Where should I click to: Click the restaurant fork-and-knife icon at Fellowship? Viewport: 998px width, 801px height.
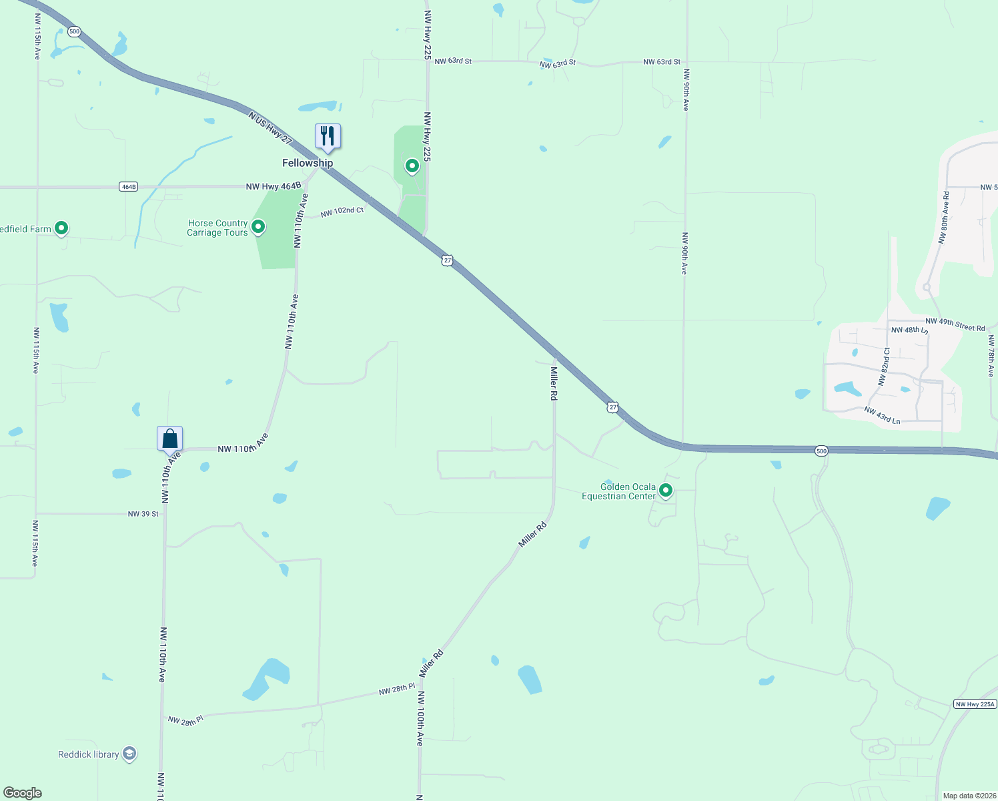pos(327,136)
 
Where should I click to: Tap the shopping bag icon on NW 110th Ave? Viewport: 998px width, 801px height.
pos(170,439)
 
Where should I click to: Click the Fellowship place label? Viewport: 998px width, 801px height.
pos(308,163)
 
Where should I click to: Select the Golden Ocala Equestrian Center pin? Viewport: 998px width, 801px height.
pos(665,491)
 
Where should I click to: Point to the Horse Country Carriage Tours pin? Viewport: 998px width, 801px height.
pos(258,227)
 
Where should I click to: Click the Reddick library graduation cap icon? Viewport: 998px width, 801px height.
pos(129,754)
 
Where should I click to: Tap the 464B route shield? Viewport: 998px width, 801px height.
pos(129,187)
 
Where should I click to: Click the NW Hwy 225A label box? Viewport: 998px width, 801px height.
pos(975,704)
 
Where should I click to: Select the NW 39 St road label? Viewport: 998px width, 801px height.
pos(143,514)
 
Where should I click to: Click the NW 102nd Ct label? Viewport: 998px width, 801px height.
pos(342,212)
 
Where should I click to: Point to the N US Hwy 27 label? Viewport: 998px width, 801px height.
pos(270,127)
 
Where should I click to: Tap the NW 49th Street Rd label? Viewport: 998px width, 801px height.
pos(955,324)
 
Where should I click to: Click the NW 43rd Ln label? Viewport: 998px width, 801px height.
pos(882,415)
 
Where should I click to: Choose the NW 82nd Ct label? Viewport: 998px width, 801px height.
pos(884,366)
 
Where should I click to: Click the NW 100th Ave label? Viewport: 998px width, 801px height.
pos(420,718)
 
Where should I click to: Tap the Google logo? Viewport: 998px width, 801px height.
pos(23,793)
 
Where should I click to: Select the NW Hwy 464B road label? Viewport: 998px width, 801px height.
pos(274,186)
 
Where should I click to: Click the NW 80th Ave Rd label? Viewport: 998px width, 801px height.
pos(944,218)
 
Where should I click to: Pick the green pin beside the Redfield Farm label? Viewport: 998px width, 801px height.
pos(61,228)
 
